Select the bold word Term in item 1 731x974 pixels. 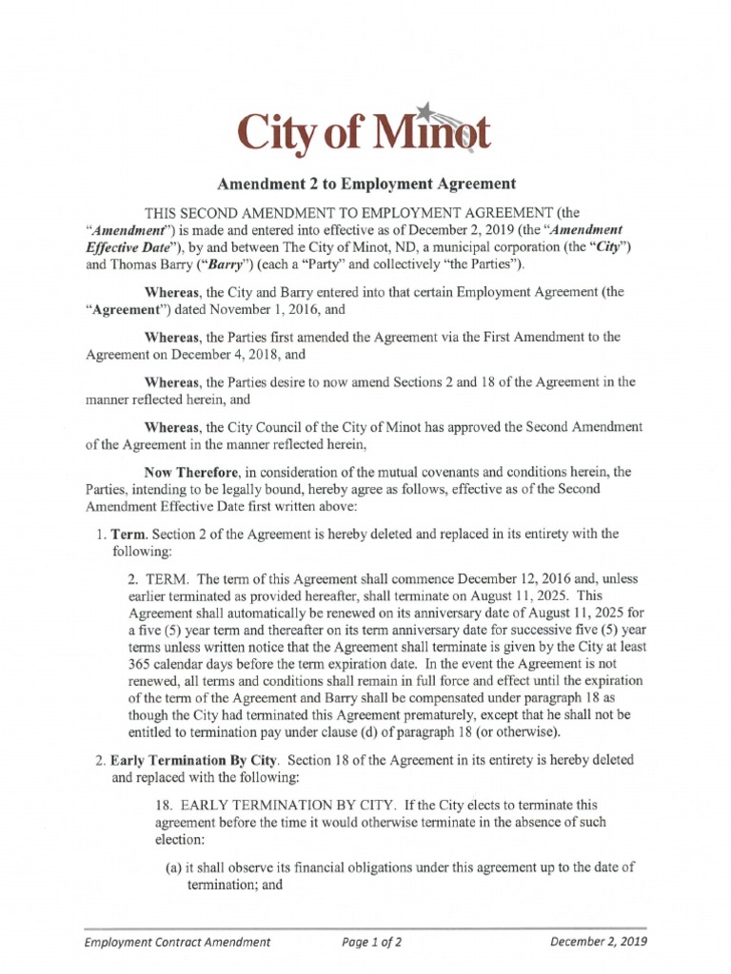[x=129, y=534]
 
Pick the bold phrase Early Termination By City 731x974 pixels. [x=194, y=760]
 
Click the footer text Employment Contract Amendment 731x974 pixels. [x=177, y=943]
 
